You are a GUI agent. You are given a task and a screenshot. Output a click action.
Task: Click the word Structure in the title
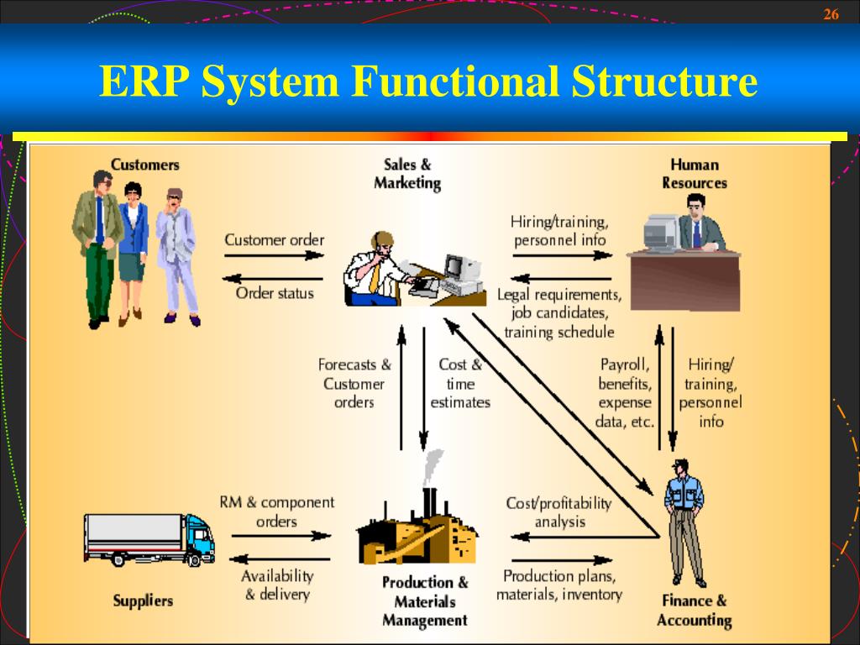tap(664, 81)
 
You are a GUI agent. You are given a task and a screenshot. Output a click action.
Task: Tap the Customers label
tap(145, 165)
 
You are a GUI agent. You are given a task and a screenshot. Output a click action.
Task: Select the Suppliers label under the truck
tap(144, 600)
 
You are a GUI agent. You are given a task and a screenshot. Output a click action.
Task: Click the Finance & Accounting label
tap(694, 611)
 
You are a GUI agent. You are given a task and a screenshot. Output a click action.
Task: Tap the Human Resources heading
tap(694, 173)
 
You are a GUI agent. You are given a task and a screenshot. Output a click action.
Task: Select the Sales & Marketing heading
tap(407, 173)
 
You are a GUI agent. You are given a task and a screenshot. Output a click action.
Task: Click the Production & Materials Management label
tap(424, 601)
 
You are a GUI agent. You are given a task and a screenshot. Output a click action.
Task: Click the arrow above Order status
tap(274, 278)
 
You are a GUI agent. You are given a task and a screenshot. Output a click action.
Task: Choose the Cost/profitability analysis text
tap(559, 512)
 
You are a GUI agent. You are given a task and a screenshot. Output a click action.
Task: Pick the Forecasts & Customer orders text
tap(354, 384)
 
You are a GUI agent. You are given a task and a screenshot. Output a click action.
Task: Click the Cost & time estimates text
tap(460, 384)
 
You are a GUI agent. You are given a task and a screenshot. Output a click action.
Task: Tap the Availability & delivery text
tap(277, 585)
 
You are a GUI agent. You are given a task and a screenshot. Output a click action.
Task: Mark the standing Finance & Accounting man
tap(684, 521)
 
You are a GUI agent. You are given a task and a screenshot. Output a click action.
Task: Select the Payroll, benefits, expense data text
tap(626, 393)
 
